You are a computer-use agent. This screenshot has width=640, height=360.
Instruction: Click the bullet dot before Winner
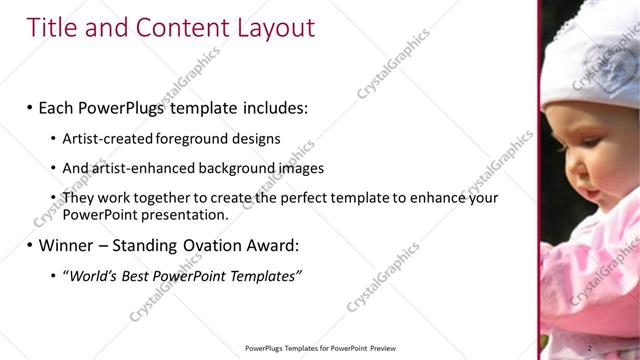[x=30, y=245]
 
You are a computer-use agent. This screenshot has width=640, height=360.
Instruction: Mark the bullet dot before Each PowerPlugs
[x=30, y=107]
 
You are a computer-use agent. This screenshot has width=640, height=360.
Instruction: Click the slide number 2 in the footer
[x=589, y=348]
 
